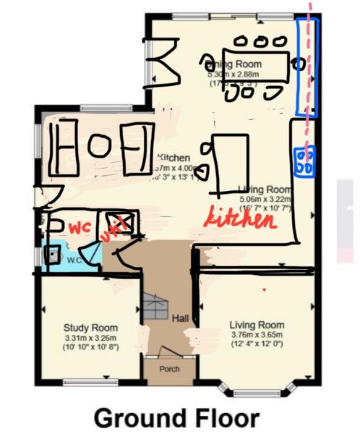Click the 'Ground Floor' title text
(x=176, y=417)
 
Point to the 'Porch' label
(x=168, y=369)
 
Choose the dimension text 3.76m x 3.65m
(x=257, y=335)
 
